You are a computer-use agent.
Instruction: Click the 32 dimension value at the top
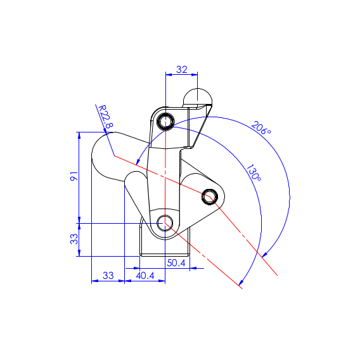click(182, 69)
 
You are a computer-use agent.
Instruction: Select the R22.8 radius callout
click(106, 117)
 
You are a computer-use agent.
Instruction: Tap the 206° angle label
click(261, 128)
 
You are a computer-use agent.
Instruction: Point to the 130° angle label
click(254, 172)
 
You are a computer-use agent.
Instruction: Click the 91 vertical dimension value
click(74, 176)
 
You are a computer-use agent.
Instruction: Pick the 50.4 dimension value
click(176, 263)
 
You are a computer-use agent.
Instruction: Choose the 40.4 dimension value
click(145, 275)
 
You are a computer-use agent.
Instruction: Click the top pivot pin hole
click(165, 121)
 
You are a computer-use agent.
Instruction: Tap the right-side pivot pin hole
click(210, 196)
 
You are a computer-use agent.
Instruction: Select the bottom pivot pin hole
click(165, 223)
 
